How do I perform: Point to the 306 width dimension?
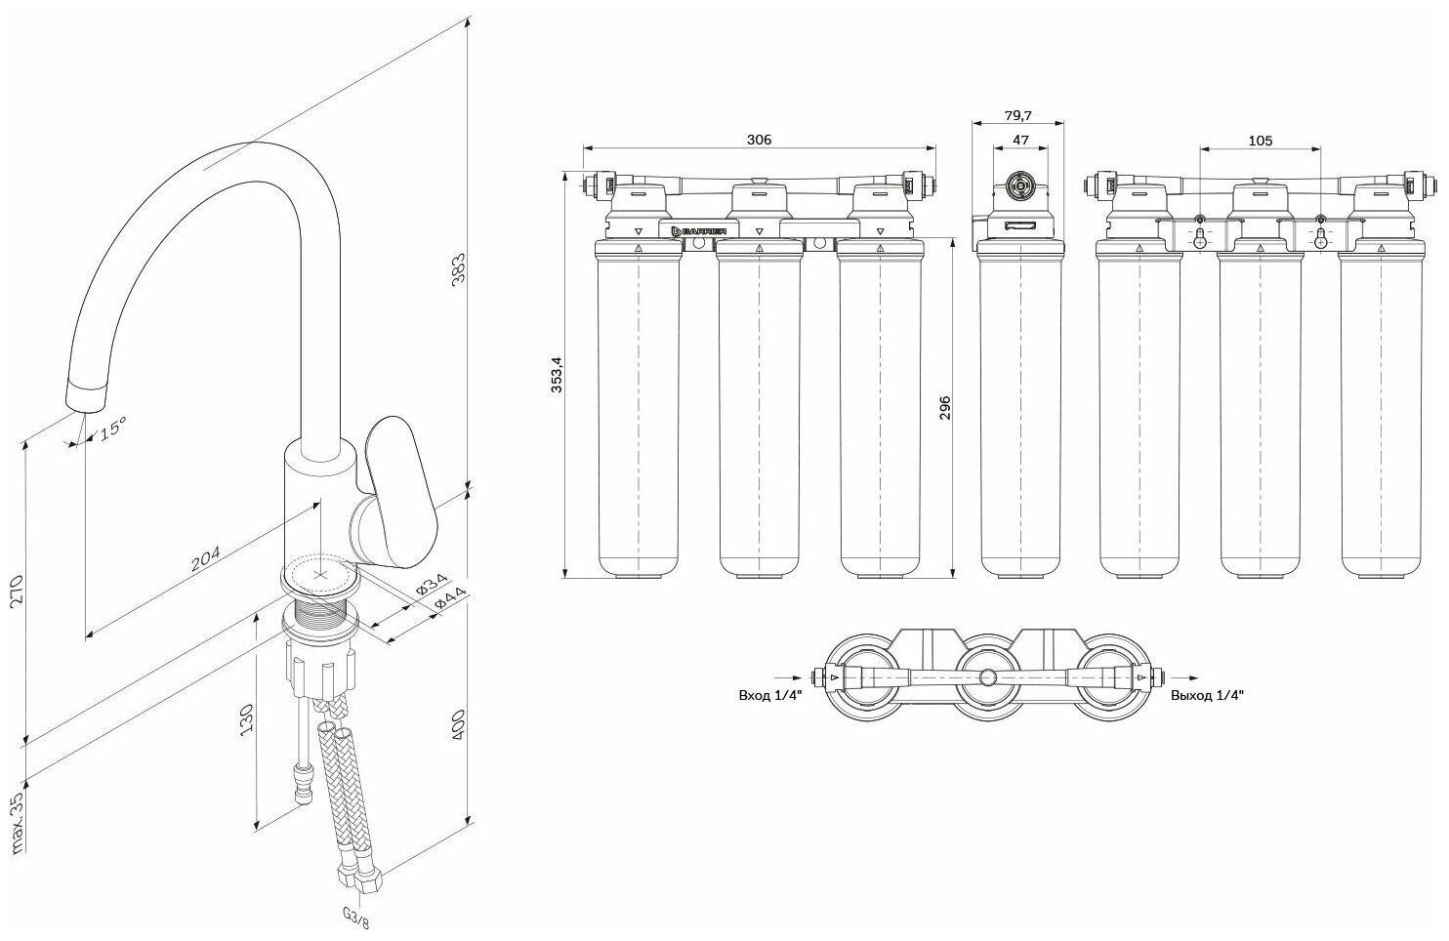pyautogui.click(x=759, y=140)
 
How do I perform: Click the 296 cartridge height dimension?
pyautogui.click(x=943, y=407)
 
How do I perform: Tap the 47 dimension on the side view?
pyautogui.click(x=1020, y=140)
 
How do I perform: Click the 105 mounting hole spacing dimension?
pyautogui.click(x=1260, y=140)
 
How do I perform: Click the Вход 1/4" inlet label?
pyautogui.click(x=768, y=696)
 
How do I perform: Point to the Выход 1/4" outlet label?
pyautogui.click(x=1208, y=696)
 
